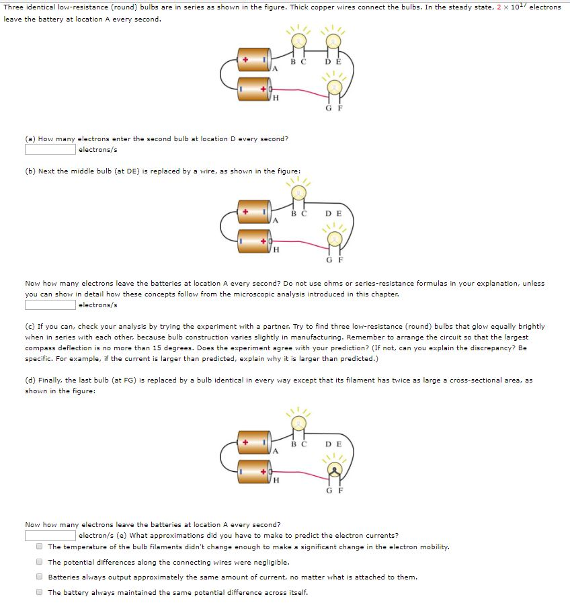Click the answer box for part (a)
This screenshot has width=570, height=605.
point(50,149)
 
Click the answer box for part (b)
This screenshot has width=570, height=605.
point(50,305)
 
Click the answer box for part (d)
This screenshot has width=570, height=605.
point(50,536)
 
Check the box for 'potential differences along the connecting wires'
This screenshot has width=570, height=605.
point(40,562)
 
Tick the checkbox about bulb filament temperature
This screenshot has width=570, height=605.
point(40,547)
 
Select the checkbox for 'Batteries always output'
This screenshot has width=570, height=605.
point(40,577)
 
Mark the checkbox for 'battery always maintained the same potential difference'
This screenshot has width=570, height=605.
point(40,592)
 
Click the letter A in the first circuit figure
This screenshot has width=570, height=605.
point(275,69)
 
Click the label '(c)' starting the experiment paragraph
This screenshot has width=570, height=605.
point(30,326)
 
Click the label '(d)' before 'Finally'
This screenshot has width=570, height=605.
point(30,380)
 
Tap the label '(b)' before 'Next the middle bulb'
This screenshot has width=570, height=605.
point(30,171)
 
